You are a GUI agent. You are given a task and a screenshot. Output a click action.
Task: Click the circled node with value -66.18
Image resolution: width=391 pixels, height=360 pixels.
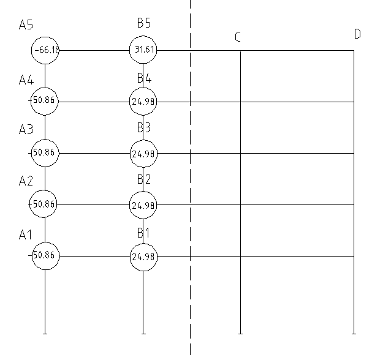pyautogui.click(x=45, y=50)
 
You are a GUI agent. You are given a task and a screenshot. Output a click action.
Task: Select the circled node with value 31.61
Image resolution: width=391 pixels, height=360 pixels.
pyautogui.click(x=143, y=50)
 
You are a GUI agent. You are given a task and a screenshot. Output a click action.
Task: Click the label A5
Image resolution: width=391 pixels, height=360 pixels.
pyautogui.click(x=26, y=25)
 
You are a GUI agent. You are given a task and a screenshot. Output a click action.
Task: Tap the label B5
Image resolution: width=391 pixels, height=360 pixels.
pyautogui.click(x=144, y=23)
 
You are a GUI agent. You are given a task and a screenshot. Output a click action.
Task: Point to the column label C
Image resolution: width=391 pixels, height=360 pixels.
pyautogui.click(x=238, y=37)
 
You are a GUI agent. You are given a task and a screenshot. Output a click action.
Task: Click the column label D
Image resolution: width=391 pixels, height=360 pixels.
pyautogui.click(x=357, y=34)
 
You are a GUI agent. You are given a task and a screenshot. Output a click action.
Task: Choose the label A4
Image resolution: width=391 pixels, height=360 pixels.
pyautogui.click(x=26, y=80)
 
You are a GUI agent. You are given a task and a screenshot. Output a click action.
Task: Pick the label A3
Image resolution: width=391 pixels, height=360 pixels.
pyautogui.click(x=26, y=130)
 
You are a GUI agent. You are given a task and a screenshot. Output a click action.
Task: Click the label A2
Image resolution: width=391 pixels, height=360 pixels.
pyautogui.click(x=26, y=181)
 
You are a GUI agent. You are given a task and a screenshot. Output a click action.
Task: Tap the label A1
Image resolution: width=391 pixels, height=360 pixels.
pyautogui.click(x=26, y=234)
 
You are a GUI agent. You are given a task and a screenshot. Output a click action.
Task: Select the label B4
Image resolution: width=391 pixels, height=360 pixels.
pyautogui.click(x=144, y=78)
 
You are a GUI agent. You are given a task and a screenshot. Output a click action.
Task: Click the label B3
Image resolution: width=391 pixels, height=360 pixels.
pyautogui.click(x=144, y=128)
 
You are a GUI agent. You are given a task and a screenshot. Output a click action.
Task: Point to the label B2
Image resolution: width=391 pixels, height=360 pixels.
pyautogui.click(x=144, y=179)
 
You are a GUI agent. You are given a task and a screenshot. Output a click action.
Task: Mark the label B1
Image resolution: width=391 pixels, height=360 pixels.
pyautogui.click(x=144, y=233)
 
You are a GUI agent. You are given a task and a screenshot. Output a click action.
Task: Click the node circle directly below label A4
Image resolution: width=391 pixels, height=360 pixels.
pyautogui.click(x=45, y=102)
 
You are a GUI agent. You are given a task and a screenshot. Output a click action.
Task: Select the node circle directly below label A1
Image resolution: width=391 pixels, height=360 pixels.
pyautogui.click(x=45, y=256)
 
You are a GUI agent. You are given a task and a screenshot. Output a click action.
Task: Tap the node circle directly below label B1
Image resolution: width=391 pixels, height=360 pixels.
pyautogui.click(x=143, y=256)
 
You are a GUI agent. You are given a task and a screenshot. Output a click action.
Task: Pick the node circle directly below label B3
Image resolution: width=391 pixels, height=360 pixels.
pyautogui.click(x=143, y=153)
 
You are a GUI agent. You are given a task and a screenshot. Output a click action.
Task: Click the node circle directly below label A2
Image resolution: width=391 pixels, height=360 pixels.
pyautogui.click(x=45, y=204)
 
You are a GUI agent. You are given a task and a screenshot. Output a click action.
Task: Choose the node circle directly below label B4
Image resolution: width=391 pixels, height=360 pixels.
pyautogui.click(x=143, y=102)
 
